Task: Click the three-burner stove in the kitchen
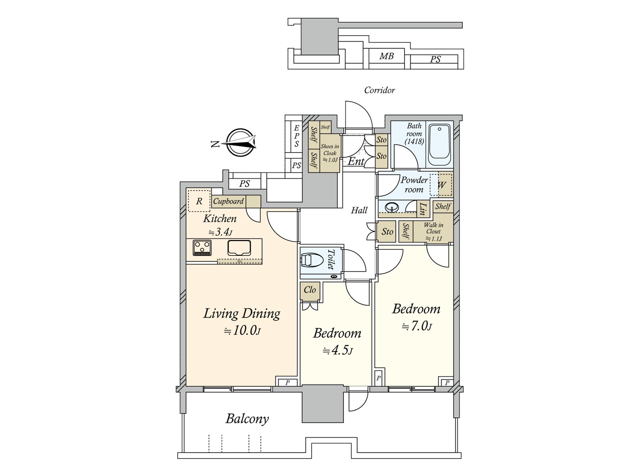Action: click(202, 248)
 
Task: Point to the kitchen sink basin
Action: click(239, 248)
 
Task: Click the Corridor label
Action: click(379, 90)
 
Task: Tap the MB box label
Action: click(386, 56)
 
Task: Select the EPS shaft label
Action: click(297, 136)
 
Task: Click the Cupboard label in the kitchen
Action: click(229, 201)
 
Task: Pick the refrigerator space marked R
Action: click(199, 201)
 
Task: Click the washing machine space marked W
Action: click(441, 185)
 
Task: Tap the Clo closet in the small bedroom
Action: click(309, 290)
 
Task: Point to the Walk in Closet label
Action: click(433, 228)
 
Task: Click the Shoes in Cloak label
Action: click(330, 150)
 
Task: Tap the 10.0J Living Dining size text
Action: click(243, 330)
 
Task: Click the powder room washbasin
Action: click(392, 207)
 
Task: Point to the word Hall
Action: click(359, 210)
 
